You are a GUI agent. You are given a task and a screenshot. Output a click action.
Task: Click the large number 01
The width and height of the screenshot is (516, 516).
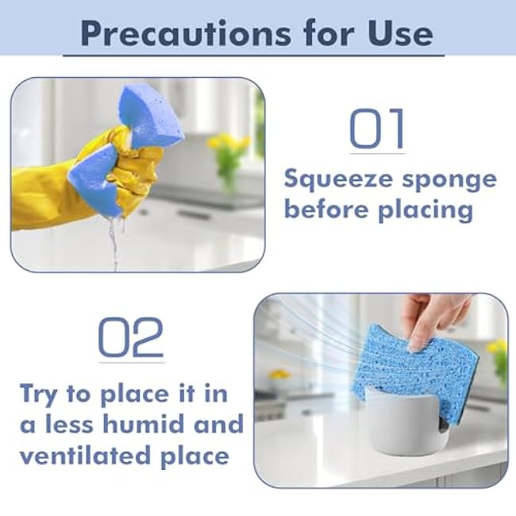click(377, 129)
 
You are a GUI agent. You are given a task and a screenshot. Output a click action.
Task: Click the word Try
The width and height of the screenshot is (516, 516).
click(40, 393)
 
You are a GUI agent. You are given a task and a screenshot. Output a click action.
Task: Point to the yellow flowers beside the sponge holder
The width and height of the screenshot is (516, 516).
click(498, 349)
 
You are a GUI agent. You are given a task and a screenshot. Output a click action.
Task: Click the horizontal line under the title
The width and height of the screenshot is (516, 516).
click(254, 55)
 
